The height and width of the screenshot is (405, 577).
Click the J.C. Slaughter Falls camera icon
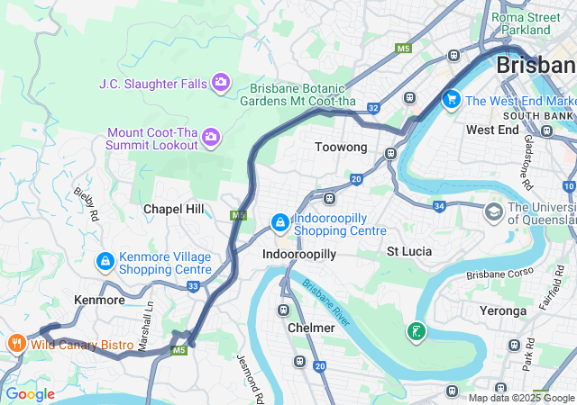[221, 84]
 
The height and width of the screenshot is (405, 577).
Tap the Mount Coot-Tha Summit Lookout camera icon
[210, 138]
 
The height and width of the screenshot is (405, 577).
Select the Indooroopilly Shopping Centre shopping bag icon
[280, 222]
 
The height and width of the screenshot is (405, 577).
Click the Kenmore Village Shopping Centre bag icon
[105, 262]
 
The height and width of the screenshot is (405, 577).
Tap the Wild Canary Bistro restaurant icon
[15, 344]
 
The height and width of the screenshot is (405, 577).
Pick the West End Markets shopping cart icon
[450, 100]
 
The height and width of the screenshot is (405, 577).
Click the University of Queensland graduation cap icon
[493, 211]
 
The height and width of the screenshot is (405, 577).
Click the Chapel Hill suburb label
[174, 209]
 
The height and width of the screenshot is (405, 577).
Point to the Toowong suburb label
[340, 147]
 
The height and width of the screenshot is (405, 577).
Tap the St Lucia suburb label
[410, 251]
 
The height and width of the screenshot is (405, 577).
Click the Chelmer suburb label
[311, 328]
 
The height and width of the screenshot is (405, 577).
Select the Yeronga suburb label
[502, 310]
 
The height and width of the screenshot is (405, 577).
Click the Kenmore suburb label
[99, 300]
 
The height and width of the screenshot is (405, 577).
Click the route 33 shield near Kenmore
[193, 286]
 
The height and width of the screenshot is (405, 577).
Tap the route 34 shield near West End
[439, 206]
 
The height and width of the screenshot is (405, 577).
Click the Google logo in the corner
[30, 394]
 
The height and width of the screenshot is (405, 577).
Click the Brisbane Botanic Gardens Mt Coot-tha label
[298, 94]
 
